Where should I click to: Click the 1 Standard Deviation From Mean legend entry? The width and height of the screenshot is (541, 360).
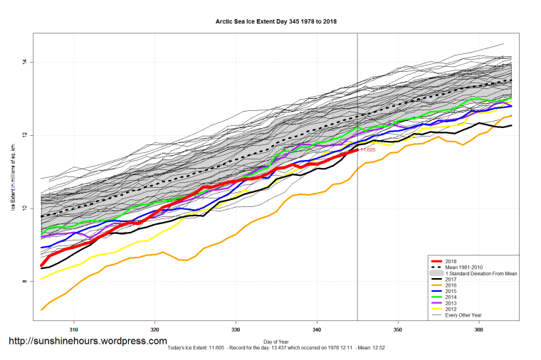(480, 273)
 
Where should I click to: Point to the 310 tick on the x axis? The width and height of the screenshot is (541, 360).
(73, 330)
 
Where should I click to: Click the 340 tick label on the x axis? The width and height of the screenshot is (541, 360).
(317, 330)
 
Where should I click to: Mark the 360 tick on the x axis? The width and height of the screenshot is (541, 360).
(479, 330)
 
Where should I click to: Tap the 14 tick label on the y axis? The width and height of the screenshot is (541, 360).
(24, 63)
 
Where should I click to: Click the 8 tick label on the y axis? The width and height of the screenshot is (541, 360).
(24, 282)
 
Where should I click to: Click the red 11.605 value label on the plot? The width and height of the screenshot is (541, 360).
(367, 150)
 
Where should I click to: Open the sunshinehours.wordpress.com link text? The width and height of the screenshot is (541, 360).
(88, 342)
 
